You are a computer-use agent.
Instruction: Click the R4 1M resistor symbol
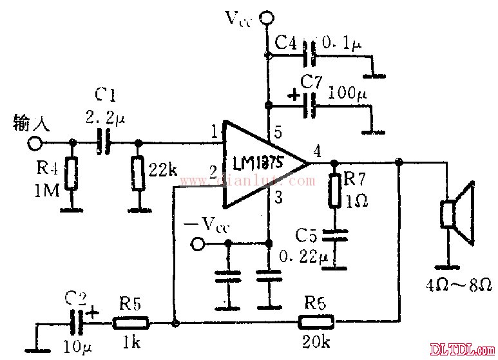point(72,175)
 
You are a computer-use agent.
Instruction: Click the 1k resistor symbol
point(132,322)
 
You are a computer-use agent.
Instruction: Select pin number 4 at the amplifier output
point(316,153)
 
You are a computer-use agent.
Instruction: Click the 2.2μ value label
point(103,118)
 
